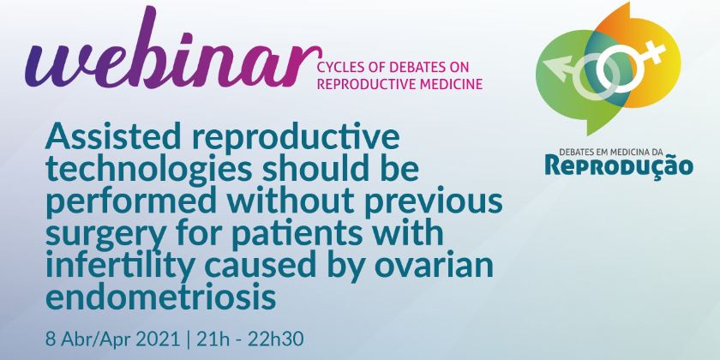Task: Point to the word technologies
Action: coord(149,171)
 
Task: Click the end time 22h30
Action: coord(276,340)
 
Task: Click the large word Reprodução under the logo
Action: coord(619,165)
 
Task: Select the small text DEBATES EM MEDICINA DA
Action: coord(619,151)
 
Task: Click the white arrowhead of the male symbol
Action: coord(559,66)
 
